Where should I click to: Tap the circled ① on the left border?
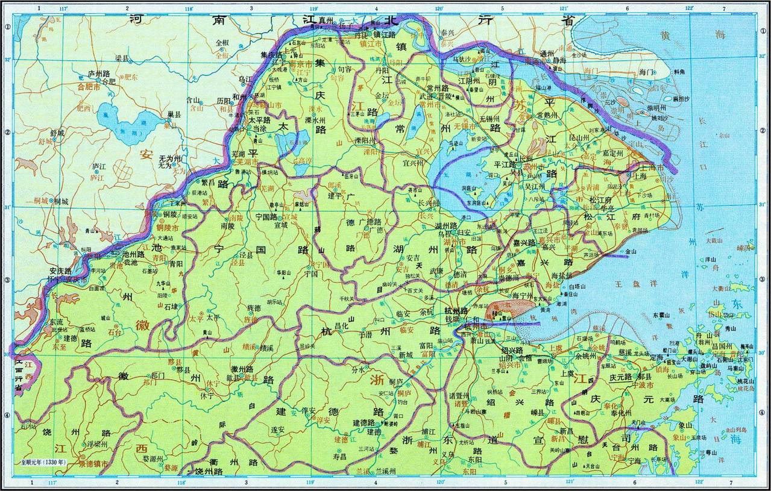[x=8, y=27]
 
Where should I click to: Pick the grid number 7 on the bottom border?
[x=731, y=483]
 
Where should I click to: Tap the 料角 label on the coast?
[x=679, y=71]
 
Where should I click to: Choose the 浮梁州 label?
[x=97, y=444]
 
